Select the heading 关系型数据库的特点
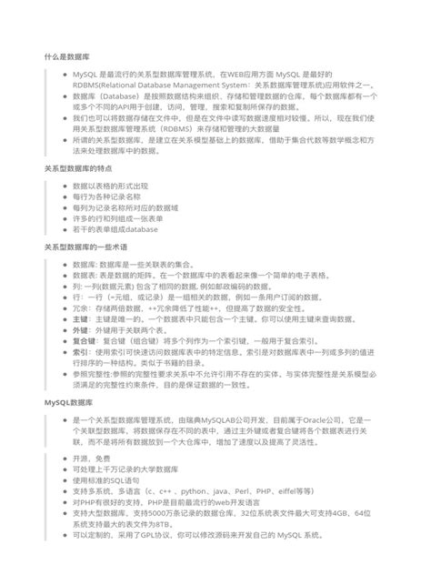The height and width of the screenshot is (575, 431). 78,170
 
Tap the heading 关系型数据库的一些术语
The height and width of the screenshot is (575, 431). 85,247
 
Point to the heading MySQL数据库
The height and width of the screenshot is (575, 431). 68,400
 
